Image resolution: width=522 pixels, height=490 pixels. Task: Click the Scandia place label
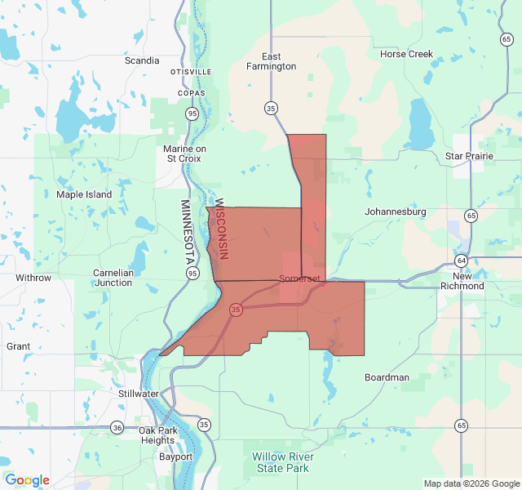pos(142,60)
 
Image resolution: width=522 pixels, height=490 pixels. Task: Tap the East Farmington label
pos(272,61)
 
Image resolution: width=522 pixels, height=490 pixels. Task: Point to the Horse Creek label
pos(406,55)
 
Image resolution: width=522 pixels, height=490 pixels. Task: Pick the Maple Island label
pos(84,194)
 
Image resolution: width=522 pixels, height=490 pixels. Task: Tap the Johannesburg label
pos(396,212)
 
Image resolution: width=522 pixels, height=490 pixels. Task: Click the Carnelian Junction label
pos(113,278)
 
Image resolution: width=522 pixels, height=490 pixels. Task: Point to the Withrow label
pos(33,278)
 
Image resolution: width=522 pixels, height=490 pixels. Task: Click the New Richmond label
pos(462,281)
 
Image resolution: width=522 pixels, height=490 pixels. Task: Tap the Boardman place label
pos(387,377)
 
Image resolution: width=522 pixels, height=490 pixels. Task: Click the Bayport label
pos(175,457)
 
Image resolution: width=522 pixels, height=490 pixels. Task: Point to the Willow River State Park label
pos(281,462)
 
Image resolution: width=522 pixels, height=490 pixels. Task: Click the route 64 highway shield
pos(462,261)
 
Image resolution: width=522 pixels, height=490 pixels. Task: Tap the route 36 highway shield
pos(117,427)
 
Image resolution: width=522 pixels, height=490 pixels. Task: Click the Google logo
pos(27,480)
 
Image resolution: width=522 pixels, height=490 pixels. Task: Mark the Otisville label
pos(191,72)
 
